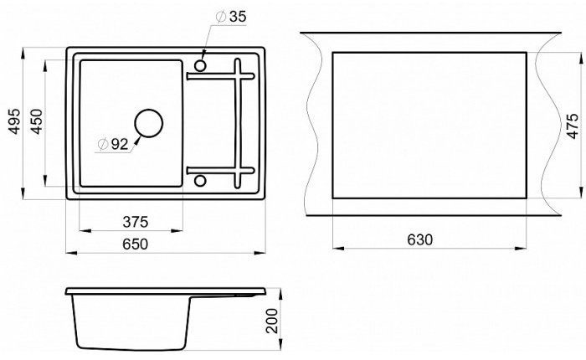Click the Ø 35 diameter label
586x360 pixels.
(231, 17)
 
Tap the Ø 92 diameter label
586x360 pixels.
(113, 144)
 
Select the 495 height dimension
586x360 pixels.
(14, 121)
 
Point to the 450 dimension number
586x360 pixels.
(37, 121)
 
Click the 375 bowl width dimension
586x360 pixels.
(136, 222)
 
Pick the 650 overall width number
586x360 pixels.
(136, 244)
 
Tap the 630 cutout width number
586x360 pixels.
(419, 239)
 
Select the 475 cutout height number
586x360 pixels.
(573, 126)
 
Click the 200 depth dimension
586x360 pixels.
(272, 321)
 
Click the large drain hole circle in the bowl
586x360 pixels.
(149, 110)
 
